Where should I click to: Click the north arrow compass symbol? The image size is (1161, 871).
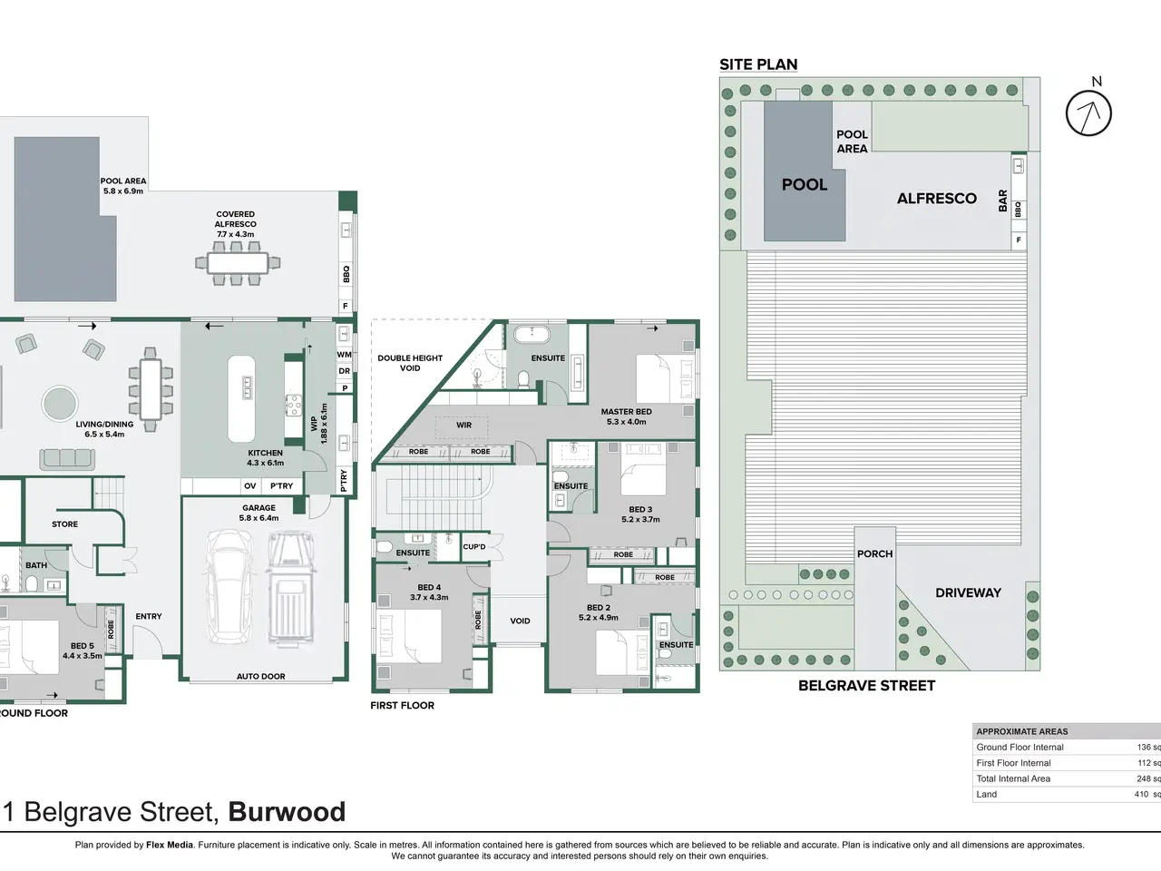pyautogui.click(x=1088, y=113)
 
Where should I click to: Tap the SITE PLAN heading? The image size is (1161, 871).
pyautogui.click(x=758, y=64)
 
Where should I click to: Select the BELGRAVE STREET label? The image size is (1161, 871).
pyautogui.click(x=866, y=686)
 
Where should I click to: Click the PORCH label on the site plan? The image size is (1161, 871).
pyautogui.click(x=874, y=553)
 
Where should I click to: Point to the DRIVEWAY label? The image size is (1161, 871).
pyautogui.click(x=968, y=592)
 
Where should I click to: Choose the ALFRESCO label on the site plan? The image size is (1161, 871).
pyautogui.click(x=936, y=199)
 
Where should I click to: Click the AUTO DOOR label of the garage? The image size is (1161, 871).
pyautogui.click(x=260, y=676)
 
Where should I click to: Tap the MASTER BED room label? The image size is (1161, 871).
pyautogui.click(x=626, y=412)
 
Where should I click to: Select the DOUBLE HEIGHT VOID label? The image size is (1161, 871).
pyautogui.click(x=410, y=363)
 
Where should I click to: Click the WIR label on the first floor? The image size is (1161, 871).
pyautogui.click(x=463, y=425)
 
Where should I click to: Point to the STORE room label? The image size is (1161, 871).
pyautogui.click(x=64, y=524)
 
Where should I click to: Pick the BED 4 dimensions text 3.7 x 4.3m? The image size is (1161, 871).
pyautogui.click(x=429, y=597)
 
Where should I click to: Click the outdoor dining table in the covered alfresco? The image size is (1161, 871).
pyautogui.click(x=238, y=263)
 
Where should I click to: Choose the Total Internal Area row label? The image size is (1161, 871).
pyautogui.click(x=1013, y=778)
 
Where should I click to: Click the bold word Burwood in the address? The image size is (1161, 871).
pyautogui.click(x=287, y=811)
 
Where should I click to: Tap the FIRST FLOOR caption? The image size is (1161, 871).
pyautogui.click(x=402, y=705)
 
